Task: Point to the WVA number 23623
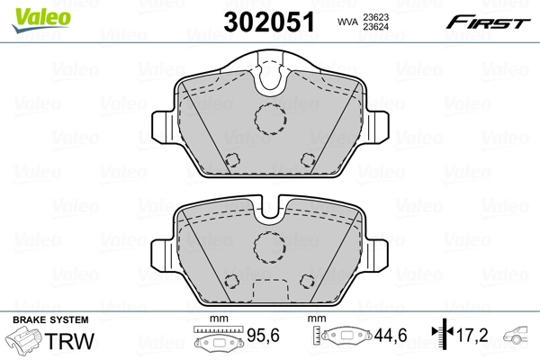pyautogui.click(x=379, y=14)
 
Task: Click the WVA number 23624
pyautogui.click(x=379, y=26)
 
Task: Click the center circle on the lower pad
pyautogui.click(x=269, y=247)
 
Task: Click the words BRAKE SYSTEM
pyautogui.click(x=49, y=320)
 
